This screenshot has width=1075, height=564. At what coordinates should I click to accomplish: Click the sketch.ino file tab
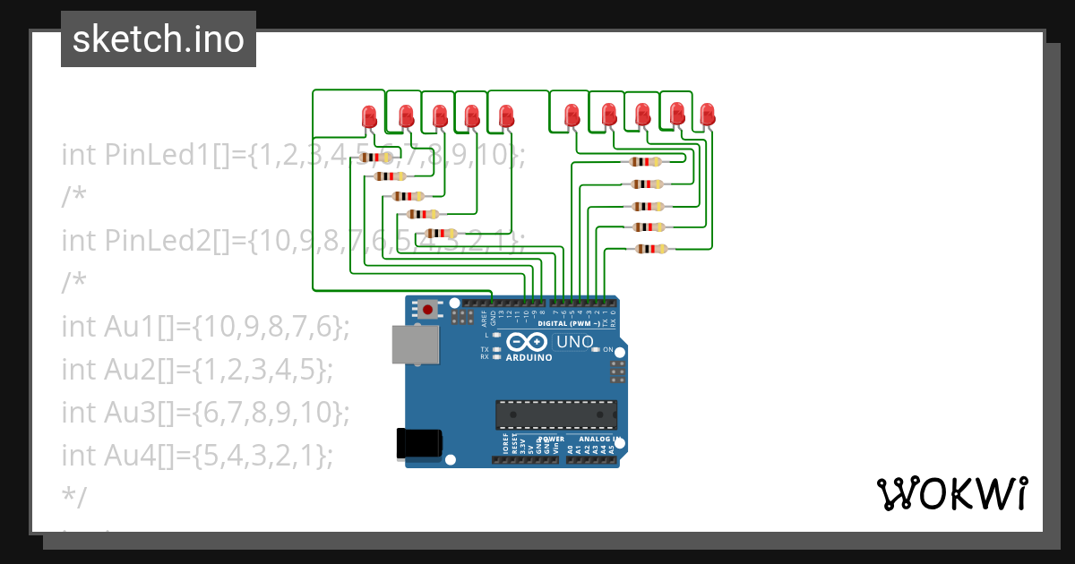(159, 39)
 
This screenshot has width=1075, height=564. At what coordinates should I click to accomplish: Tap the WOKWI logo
(951, 493)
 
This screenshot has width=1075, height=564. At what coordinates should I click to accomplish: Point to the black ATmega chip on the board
(556, 415)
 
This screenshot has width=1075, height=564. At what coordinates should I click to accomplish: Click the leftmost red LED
(368, 116)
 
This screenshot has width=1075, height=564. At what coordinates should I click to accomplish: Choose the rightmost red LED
(707, 115)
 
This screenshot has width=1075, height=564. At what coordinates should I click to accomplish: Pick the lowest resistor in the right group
(649, 249)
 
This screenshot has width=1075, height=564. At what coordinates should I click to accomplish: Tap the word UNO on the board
(574, 342)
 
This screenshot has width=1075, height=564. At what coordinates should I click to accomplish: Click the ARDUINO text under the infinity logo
(529, 356)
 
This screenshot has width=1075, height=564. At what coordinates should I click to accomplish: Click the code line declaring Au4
(197, 455)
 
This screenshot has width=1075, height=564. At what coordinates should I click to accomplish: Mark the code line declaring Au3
(205, 412)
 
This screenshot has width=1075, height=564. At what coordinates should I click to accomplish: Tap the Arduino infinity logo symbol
(528, 342)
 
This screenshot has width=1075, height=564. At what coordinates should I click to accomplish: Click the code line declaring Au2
(197, 369)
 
